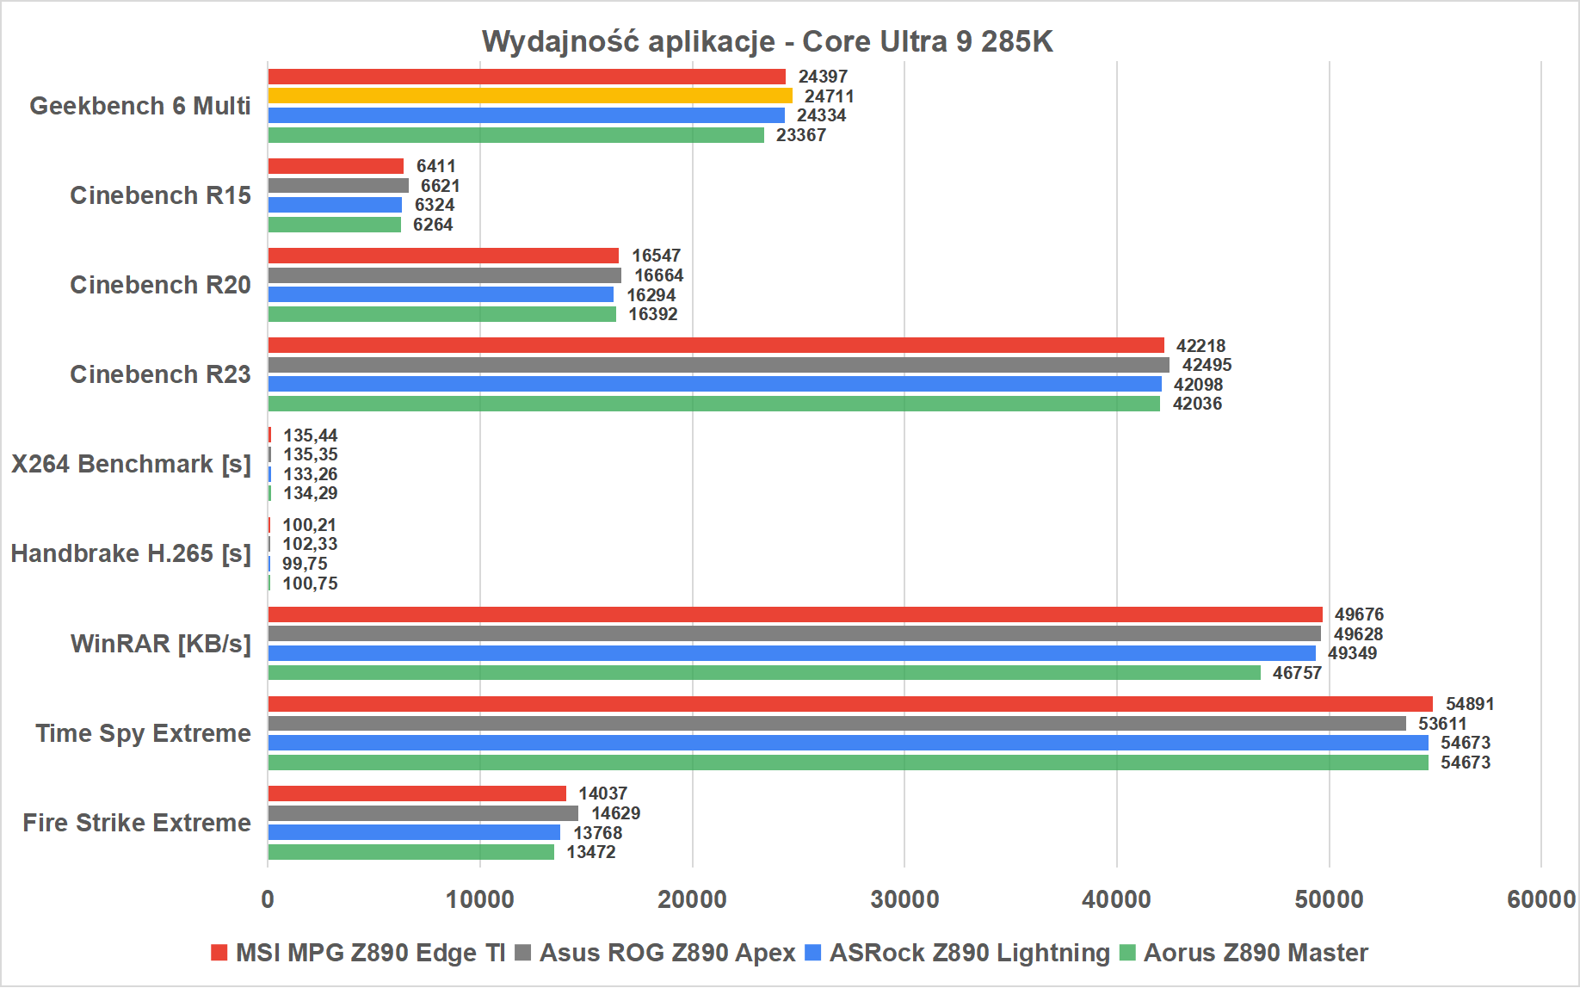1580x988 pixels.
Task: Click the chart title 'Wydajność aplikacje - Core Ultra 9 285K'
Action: coord(767,41)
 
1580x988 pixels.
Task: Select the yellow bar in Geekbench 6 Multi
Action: coord(529,96)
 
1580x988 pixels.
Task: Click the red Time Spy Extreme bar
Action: coord(849,704)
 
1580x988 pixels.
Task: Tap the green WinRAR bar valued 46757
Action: coord(763,673)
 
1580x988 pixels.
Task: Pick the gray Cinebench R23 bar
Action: coord(718,365)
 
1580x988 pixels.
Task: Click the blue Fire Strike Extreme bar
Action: coord(413,832)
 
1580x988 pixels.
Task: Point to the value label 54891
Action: coord(1469,704)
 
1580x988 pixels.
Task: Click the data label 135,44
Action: coord(310,435)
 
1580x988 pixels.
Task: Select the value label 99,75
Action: coord(305,564)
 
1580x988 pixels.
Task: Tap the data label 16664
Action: coord(658,275)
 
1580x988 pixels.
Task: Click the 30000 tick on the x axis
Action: coord(904,899)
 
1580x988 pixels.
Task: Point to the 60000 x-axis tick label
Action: coord(1540,899)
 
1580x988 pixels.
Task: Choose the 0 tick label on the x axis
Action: coord(268,899)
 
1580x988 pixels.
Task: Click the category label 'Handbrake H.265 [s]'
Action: coord(131,553)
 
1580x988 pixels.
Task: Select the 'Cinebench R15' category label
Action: coord(160,195)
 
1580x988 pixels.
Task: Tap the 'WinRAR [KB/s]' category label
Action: coord(161,644)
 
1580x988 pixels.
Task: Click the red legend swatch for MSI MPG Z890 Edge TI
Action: coord(219,953)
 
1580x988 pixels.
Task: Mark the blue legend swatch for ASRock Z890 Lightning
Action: coord(813,953)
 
